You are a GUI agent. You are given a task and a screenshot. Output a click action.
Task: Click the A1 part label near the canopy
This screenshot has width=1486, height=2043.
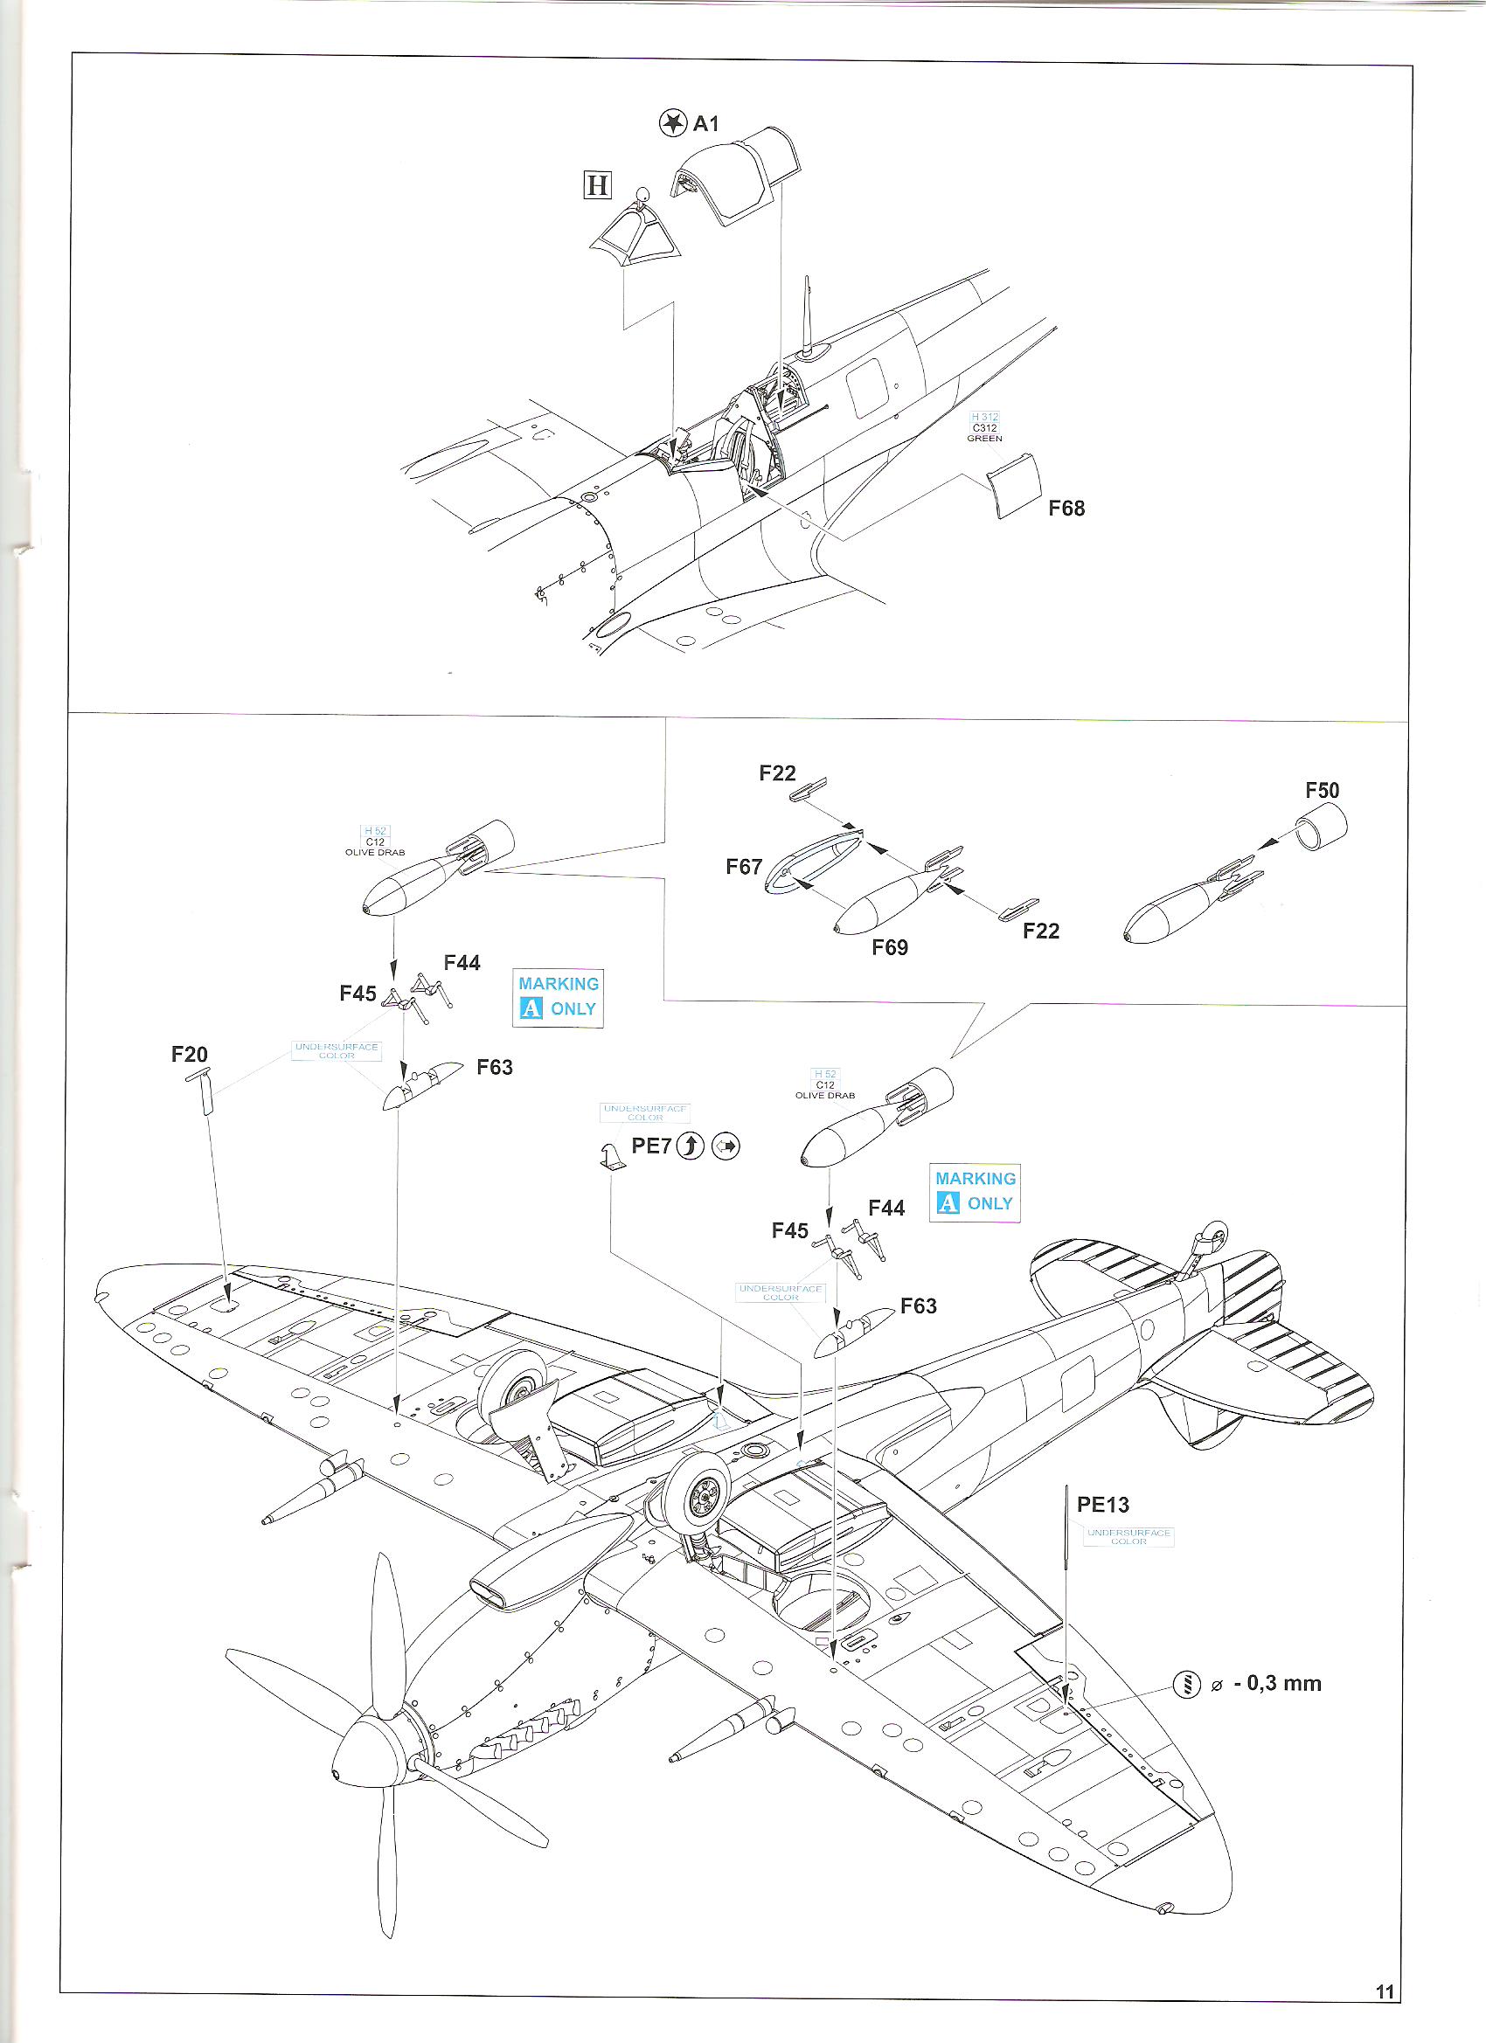click(x=705, y=123)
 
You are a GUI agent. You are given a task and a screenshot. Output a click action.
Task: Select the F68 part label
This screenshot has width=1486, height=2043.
click(x=1066, y=508)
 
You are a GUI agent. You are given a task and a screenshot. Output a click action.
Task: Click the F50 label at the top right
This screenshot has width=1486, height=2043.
click(x=1322, y=790)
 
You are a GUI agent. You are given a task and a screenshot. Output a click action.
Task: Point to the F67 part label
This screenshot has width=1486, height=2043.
click(x=745, y=867)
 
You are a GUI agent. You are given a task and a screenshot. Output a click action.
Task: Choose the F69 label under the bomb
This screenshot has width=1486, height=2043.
click(x=890, y=946)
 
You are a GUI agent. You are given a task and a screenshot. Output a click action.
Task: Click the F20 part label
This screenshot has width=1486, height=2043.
click(x=189, y=1053)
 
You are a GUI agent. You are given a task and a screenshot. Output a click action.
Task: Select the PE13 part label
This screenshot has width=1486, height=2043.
click(x=1103, y=1505)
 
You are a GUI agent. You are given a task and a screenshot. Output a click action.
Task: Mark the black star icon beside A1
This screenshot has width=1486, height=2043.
click(x=671, y=123)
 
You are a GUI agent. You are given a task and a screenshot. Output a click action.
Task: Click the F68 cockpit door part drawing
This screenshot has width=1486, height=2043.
click(x=1016, y=486)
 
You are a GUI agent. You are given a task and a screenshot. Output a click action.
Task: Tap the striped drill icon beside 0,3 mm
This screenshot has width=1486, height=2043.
click(x=1187, y=1683)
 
